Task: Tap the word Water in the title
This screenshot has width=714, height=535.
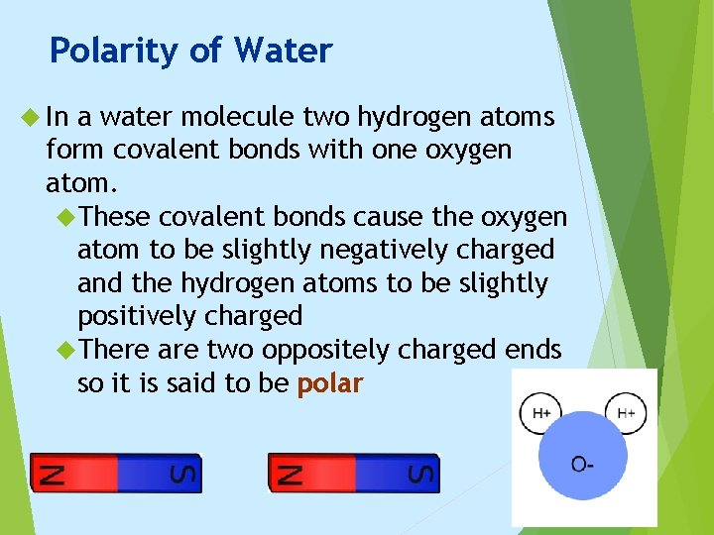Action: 283,51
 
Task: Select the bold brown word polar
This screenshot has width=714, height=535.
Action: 330,383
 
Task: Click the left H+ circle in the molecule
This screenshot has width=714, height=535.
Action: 541,413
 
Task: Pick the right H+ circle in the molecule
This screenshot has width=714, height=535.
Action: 626,413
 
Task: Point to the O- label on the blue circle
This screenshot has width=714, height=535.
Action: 584,464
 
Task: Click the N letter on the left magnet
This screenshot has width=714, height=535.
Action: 46,473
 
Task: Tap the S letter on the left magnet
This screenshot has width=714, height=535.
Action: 185,473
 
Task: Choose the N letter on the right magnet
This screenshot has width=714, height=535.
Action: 284,473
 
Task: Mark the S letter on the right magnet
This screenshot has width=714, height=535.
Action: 423,473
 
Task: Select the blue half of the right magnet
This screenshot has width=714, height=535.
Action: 382,473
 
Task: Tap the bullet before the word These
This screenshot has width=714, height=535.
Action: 67,217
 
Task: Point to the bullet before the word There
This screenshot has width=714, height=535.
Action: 67,350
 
